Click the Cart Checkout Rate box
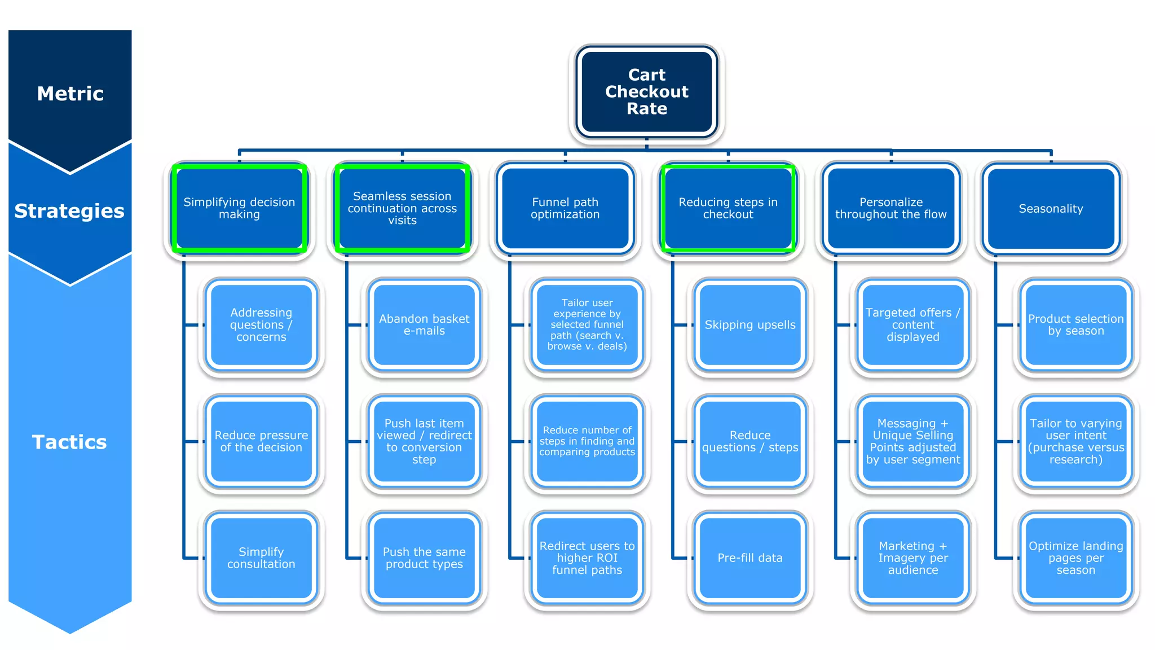(x=646, y=92)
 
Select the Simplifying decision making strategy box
(x=239, y=208)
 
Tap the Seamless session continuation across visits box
(x=402, y=208)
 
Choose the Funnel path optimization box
(x=565, y=208)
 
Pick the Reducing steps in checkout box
(x=728, y=208)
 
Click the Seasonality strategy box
(x=1051, y=209)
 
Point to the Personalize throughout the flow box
(x=891, y=208)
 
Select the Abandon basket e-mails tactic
(x=424, y=325)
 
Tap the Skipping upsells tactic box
(x=750, y=325)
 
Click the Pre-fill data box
(x=750, y=558)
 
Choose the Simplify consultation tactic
(x=261, y=558)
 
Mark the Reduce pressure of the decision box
(x=261, y=441)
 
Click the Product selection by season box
(x=1075, y=325)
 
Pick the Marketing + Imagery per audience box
(x=912, y=558)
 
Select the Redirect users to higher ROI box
(x=587, y=558)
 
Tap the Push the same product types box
(x=424, y=558)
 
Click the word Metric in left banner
(x=70, y=94)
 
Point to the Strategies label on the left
(x=69, y=211)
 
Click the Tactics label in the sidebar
(x=69, y=442)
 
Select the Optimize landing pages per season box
(x=1075, y=558)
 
